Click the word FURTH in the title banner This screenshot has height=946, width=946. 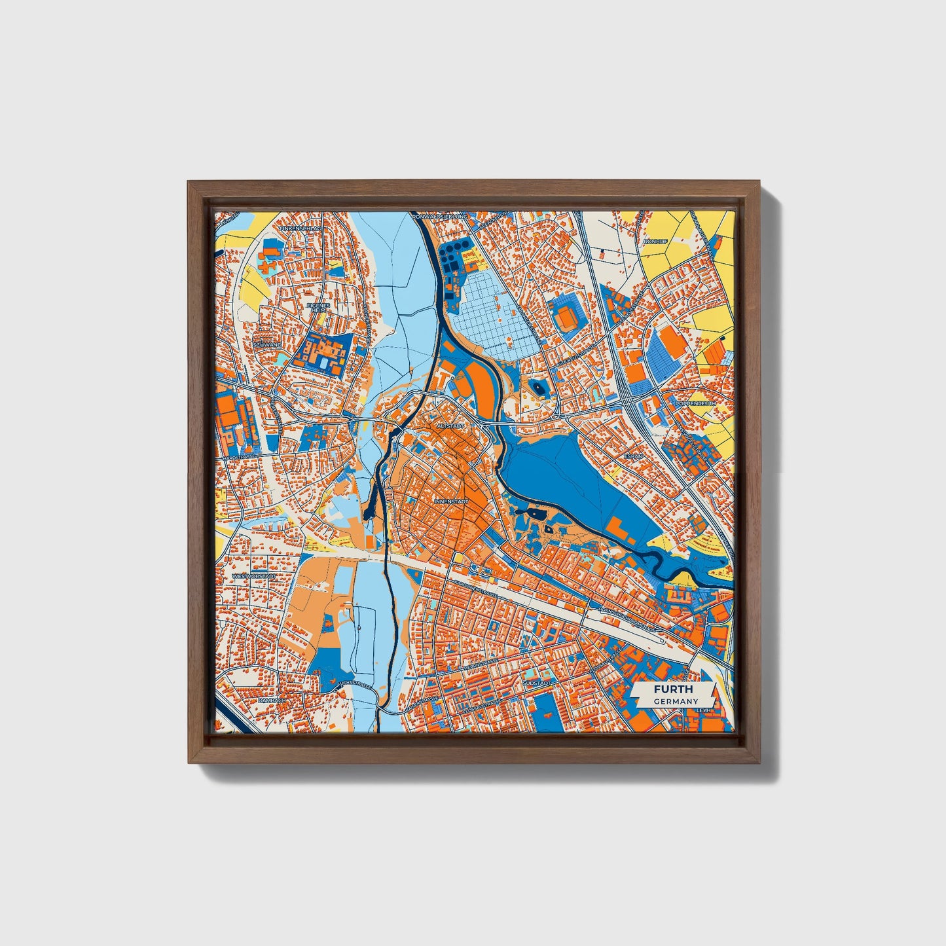click(x=672, y=689)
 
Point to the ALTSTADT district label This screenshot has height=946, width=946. click(x=451, y=426)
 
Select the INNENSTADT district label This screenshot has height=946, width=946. click(x=451, y=501)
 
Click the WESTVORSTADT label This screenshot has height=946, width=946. click(x=254, y=577)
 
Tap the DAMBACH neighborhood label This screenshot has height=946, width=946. click(x=272, y=700)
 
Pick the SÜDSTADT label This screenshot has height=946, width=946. click(x=536, y=682)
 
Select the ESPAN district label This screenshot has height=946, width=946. click(x=635, y=453)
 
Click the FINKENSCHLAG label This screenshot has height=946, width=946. click(x=299, y=229)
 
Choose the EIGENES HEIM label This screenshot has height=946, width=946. click(x=320, y=308)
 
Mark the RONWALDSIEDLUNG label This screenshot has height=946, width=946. click(x=441, y=215)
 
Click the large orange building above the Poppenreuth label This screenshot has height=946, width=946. click(x=670, y=340)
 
